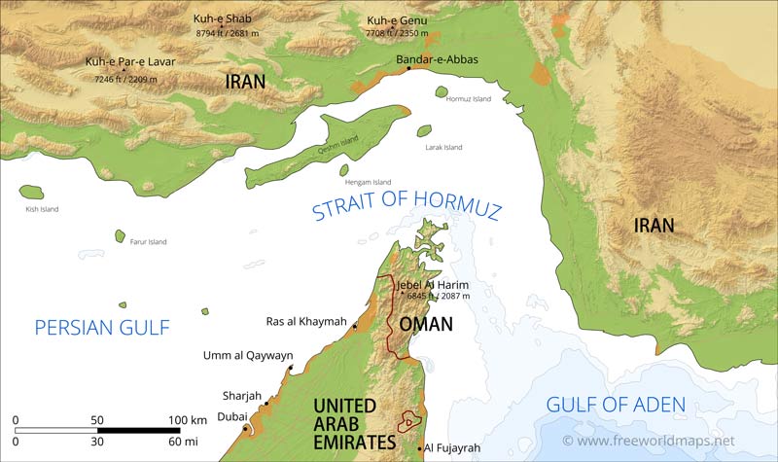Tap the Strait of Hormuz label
click(x=406, y=206)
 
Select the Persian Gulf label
click(x=102, y=328)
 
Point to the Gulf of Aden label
click(x=616, y=405)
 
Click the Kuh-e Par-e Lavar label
click(x=129, y=62)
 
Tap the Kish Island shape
click(x=31, y=193)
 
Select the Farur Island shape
click(x=121, y=236)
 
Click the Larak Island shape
click(x=424, y=130)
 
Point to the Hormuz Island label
click(x=470, y=99)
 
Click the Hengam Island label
click(x=368, y=182)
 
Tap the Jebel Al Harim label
click(x=433, y=284)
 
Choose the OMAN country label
click(x=426, y=324)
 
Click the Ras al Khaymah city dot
click(x=355, y=326)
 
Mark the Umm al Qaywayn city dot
click(x=291, y=369)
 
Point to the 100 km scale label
click(x=186, y=419)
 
